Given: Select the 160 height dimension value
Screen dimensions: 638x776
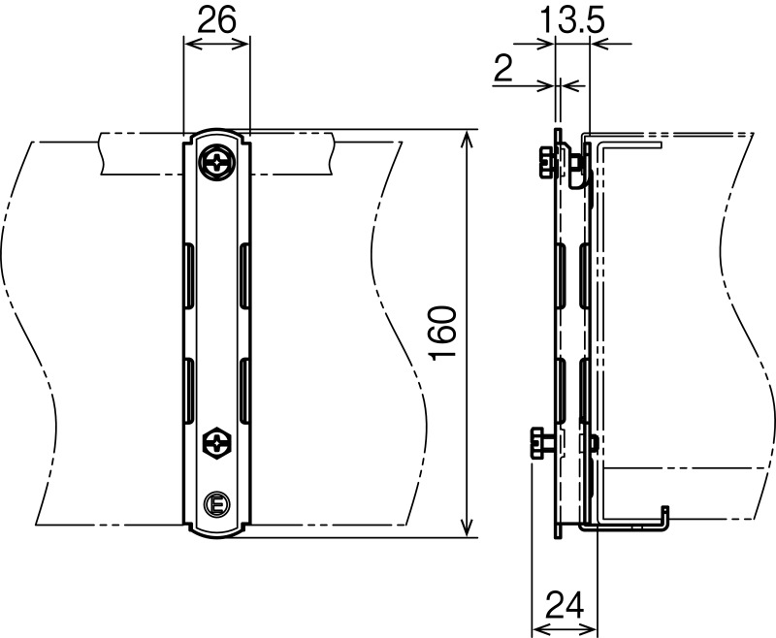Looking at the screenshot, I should click(x=442, y=333).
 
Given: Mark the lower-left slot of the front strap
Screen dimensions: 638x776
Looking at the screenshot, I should click(x=187, y=390).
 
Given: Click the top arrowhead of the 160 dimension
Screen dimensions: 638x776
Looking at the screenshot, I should click(x=469, y=137).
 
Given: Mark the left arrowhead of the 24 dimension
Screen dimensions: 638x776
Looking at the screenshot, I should click(x=539, y=627).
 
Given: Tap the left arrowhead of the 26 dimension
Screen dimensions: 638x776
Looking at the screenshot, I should click(x=188, y=39).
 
